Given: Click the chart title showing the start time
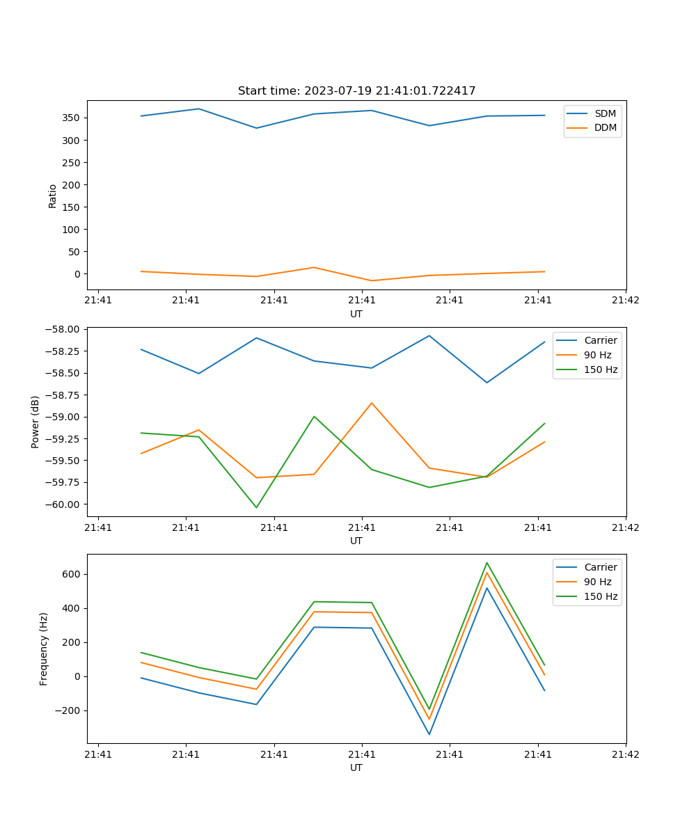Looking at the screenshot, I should tap(356, 91).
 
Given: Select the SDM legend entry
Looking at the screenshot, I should tap(605, 113).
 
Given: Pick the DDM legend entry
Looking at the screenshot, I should tap(605, 127).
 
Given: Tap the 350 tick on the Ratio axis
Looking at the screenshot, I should tap(72, 118).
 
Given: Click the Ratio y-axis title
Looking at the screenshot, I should tap(53, 196).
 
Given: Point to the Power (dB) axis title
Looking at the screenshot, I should tap(35, 422).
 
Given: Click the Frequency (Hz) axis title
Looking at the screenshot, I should tap(44, 649).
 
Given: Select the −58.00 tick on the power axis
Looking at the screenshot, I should tap(64, 329).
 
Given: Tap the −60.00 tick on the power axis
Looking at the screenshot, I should tap(64, 504).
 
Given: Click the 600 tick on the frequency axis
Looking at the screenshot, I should tap(72, 574).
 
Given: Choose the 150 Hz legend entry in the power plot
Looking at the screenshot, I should tap(600, 369).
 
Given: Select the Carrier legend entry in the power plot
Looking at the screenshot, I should tap(600, 340).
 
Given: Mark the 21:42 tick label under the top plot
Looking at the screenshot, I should tap(625, 301).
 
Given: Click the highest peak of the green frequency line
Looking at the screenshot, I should tap(487, 563).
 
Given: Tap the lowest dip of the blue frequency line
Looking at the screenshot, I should tap(429, 734).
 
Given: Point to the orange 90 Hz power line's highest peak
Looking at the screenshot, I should tap(372, 403).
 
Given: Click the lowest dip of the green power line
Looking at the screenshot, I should tap(256, 507).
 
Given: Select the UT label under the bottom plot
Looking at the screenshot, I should tap(356, 768).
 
